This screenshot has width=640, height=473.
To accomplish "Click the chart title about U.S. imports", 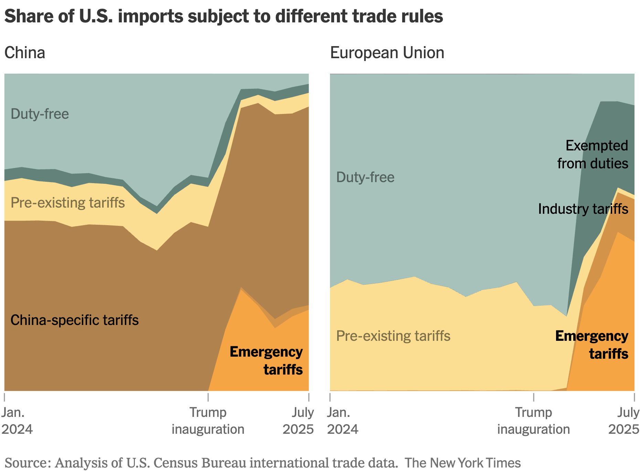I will coord(224,16).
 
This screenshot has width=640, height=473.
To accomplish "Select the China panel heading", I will coord(25,53).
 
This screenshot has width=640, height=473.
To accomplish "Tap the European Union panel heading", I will coord(387,53).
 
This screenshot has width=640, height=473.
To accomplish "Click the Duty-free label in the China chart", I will coord(40,114).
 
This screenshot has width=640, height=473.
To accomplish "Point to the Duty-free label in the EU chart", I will coord(365,177).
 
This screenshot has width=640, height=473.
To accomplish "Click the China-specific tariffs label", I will coord(74,320).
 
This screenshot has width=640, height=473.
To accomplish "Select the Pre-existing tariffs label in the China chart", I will coord(68,203).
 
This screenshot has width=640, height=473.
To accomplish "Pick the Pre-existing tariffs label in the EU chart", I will coord(393,336).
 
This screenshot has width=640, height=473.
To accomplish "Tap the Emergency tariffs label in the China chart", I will coord(266,361).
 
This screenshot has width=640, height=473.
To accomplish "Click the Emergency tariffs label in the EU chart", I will coord(592,345).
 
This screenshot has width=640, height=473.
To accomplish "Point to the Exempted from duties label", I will coord(593,155).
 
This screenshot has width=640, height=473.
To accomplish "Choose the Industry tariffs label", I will coord(583,209).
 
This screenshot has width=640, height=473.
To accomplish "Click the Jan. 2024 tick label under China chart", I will coord(17,421).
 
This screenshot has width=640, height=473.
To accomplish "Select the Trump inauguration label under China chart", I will coord(208,421).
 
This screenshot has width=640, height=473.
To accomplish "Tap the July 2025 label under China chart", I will coord(298,421).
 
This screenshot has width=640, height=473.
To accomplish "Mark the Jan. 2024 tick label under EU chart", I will coord(343,421).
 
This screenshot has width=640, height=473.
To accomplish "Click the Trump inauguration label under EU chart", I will coord(533,421).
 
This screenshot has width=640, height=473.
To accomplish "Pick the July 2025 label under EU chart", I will coord(624,421).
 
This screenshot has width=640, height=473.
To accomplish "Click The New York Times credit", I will coord(462,463).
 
